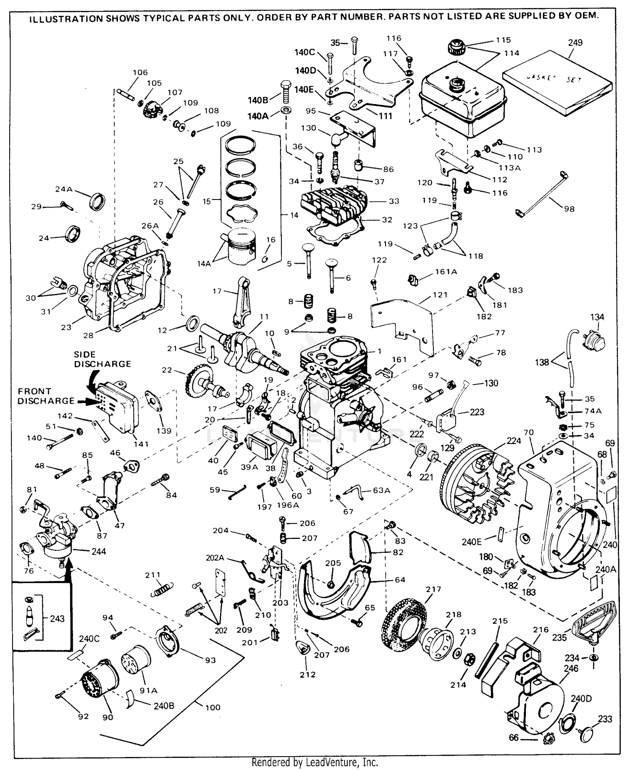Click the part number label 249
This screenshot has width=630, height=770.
pyautogui.click(x=575, y=43)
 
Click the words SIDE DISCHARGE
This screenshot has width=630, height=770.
pyautogui.click(x=102, y=359)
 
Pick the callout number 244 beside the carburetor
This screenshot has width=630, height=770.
pyautogui.click(x=100, y=551)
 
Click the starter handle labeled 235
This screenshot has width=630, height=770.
pyautogui.click(x=594, y=625)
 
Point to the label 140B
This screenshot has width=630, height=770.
pyautogui.click(x=258, y=100)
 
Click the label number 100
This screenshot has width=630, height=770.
pyautogui.click(x=213, y=707)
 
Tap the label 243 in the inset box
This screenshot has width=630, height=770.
pyautogui.click(x=58, y=618)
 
